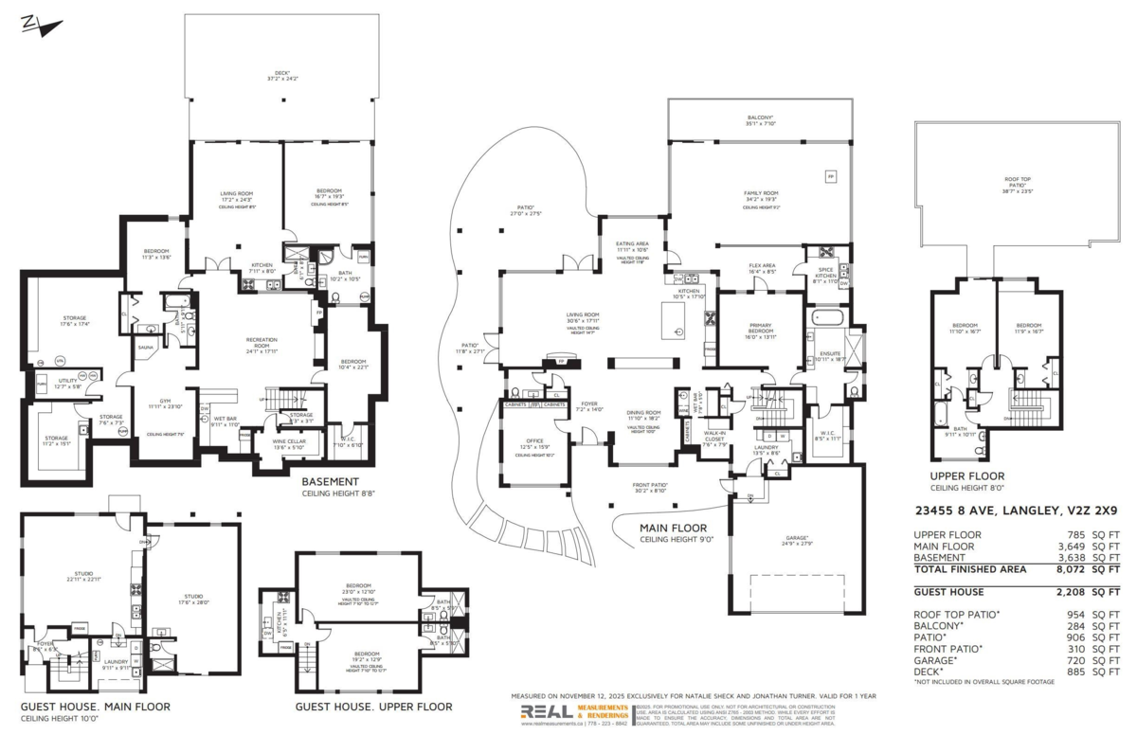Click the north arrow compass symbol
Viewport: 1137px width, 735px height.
click(32, 23)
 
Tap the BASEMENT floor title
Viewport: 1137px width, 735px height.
click(331, 481)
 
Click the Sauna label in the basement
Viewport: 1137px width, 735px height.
click(146, 348)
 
